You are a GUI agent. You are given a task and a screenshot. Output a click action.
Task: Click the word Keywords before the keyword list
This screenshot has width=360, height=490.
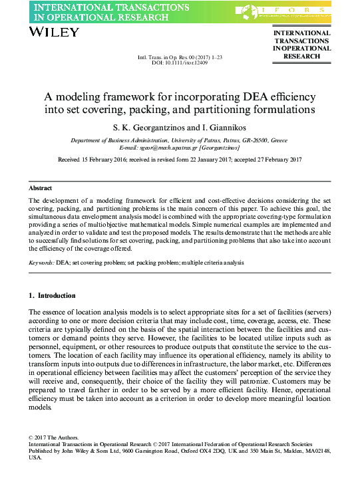tap(41, 263)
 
